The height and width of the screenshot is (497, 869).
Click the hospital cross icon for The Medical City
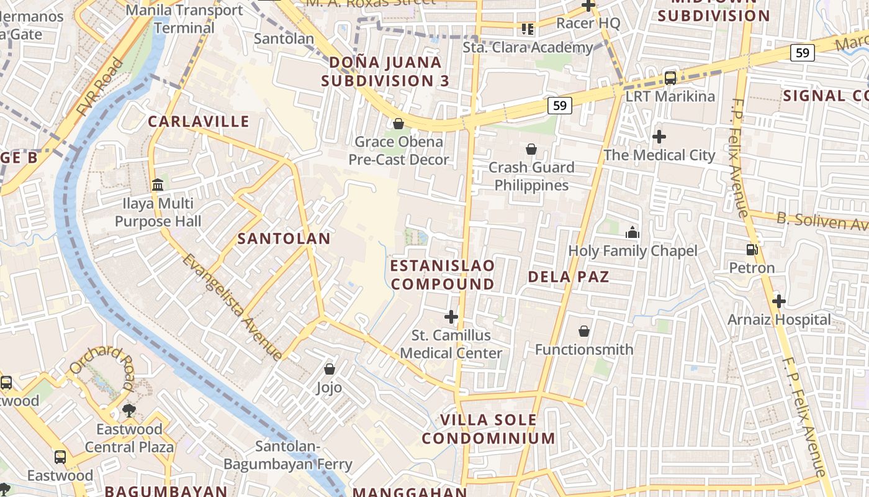tap(659, 136)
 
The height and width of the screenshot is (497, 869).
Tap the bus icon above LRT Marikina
tap(670, 78)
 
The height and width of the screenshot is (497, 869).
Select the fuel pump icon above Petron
tap(752, 250)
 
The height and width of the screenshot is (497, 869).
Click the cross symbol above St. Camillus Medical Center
tap(451, 317)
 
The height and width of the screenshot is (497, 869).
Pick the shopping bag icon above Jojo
tap(330, 369)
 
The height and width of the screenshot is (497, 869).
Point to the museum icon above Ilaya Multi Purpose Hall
tap(158, 185)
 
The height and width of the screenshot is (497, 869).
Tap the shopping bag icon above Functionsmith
tap(584, 331)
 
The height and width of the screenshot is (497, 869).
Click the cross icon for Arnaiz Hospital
tap(779, 301)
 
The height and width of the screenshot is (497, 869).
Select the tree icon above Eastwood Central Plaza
tap(130, 410)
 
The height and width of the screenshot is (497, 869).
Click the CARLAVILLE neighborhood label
tap(199, 121)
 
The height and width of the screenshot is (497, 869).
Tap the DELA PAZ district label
tap(569, 276)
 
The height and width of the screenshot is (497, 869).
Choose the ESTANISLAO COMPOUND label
tap(443, 275)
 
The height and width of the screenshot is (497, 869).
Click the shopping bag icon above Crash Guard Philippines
tap(531, 149)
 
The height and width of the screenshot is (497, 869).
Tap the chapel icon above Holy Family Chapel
tap(633, 233)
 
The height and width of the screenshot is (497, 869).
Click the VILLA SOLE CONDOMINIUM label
tap(489, 429)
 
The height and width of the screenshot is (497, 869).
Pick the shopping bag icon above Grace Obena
tap(398, 124)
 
